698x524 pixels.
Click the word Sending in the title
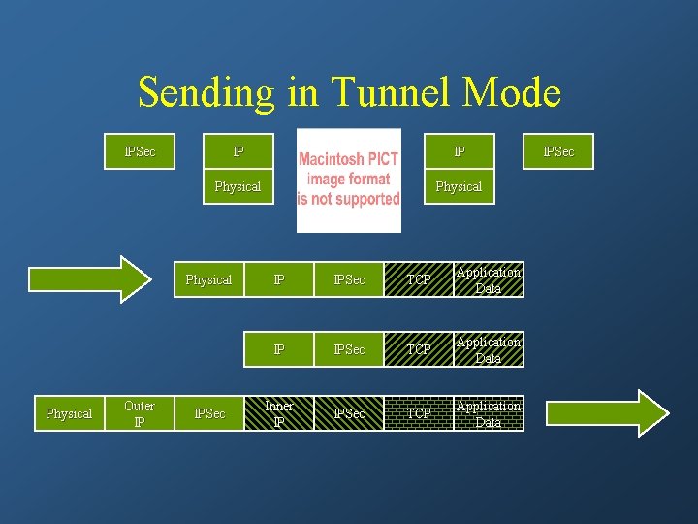[x=206, y=92]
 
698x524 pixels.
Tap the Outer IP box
[x=140, y=413]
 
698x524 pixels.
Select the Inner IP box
[x=279, y=413]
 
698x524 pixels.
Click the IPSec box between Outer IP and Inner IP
[x=209, y=413]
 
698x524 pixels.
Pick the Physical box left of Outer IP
[x=69, y=413]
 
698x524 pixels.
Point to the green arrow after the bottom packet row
[x=606, y=413]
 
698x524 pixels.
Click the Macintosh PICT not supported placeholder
[x=348, y=180]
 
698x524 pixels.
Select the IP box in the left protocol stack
[x=238, y=151]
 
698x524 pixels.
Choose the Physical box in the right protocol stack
[x=459, y=186]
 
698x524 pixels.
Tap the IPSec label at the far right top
[x=558, y=151]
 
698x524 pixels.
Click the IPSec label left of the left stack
[x=140, y=151]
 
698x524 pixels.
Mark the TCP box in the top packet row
[x=419, y=279]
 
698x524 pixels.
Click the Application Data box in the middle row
[x=489, y=349]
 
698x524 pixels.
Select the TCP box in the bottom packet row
[x=419, y=413]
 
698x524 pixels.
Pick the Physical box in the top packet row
[x=208, y=279]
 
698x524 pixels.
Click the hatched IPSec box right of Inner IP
[x=349, y=413]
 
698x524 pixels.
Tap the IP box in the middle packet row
[x=279, y=349]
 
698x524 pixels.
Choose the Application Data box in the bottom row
[x=489, y=413]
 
